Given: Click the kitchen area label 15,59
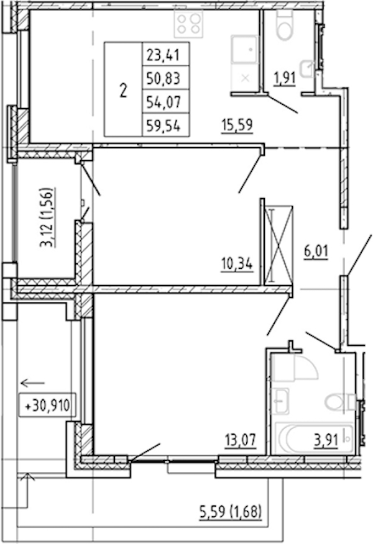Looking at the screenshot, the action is click(237, 125).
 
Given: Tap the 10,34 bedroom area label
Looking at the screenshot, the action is click(237, 264).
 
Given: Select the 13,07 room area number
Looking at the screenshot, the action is click(241, 440).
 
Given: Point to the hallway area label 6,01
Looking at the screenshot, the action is click(316, 251).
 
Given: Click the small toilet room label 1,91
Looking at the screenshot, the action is click(285, 78).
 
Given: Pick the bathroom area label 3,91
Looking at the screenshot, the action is click(326, 440).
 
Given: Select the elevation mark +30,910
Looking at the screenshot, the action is click(47, 405).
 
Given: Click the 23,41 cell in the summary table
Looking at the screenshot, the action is click(165, 55).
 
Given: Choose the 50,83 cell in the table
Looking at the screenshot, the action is click(165, 78).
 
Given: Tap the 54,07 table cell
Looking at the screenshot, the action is click(165, 102).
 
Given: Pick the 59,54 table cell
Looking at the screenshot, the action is click(165, 125).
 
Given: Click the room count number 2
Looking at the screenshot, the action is click(123, 90).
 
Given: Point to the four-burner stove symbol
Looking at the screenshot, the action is click(188, 23).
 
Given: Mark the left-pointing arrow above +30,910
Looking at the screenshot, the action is click(33, 383).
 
